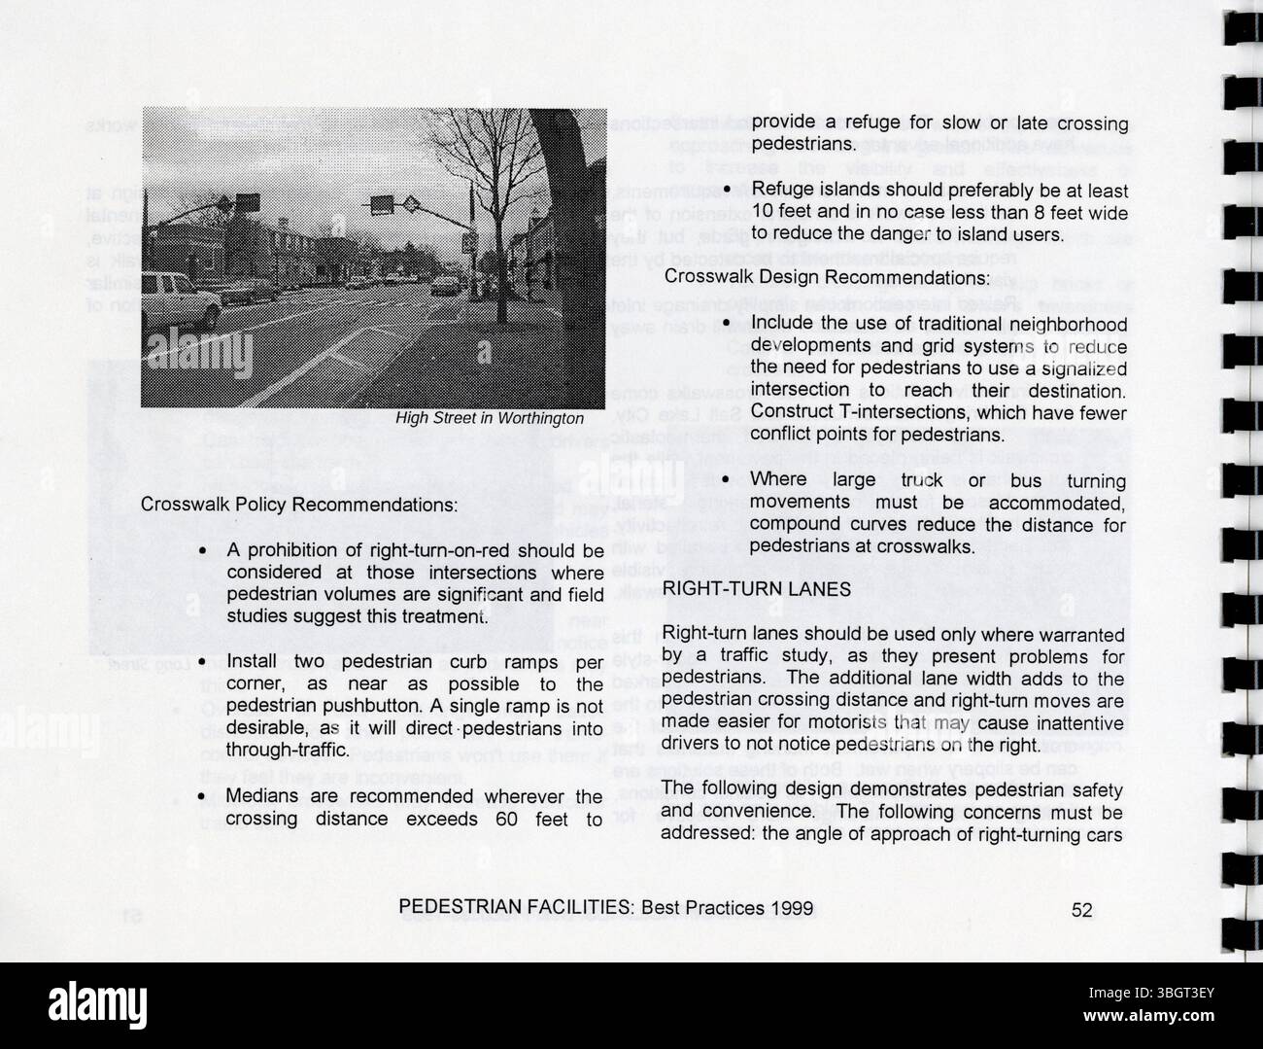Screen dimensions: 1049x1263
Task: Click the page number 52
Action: tap(1081, 910)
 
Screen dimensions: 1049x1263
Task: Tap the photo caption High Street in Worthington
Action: tap(490, 418)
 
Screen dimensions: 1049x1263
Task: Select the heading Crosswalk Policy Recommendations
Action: tap(298, 506)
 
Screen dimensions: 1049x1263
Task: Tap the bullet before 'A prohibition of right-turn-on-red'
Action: tap(202, 551)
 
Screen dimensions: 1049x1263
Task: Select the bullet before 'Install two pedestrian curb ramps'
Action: tap(202, 663)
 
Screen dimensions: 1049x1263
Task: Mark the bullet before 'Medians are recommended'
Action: tap(202, 797)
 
